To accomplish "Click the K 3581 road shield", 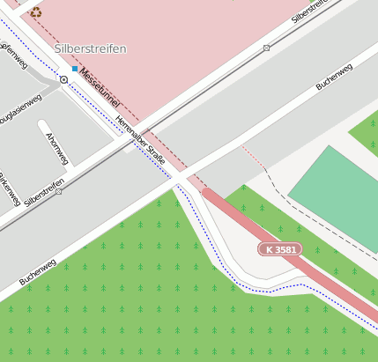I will pyautogui.click(x=279, y=250).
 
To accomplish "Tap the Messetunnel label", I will pyautogui.click(x=100, y=89).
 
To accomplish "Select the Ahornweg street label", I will pyautogui.click(x=57, y=147).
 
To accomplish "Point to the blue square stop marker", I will pyautogui.click(x=75, y=69).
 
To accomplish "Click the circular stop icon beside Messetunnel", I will pyautogui.click(x=63, y=79).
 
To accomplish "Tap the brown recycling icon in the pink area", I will pyautogui.click(x=35, y=12).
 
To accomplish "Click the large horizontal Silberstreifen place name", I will pyautogui.click(x=90, y=48).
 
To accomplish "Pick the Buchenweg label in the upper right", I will pyautogui.click(x=334, y=77).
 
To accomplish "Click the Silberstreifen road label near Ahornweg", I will pyautogui.click(x=44, y=193).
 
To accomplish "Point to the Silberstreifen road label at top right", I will pyautogui.click(x=315, y=11).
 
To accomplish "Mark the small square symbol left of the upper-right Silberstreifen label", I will pyautogui.click(x=266, y=48).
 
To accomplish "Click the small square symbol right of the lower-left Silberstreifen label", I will pyautogui.click(x=59, y=190).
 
